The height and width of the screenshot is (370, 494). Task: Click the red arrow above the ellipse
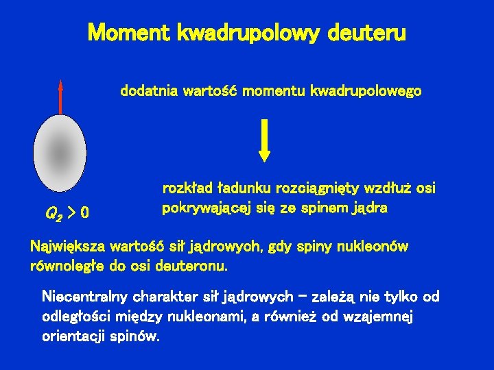coord(60,96)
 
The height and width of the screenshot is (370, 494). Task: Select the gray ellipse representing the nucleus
coord(60,151)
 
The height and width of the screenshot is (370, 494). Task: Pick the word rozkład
coord(187,188)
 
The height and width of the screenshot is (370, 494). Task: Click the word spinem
coord(324,208)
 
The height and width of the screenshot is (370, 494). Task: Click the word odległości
coord(73,317)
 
